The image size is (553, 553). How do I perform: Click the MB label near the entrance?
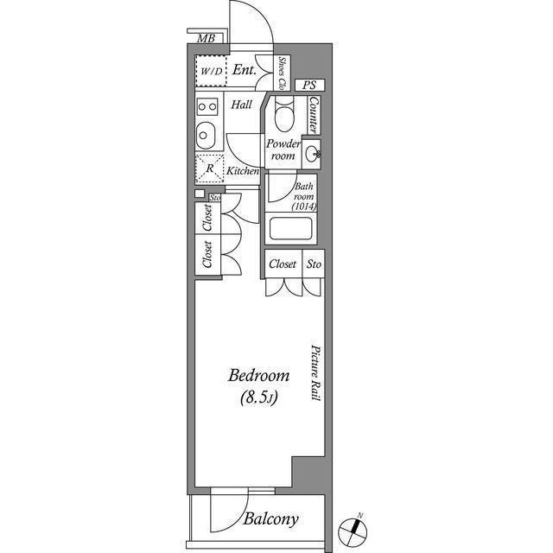[x=206, y=38]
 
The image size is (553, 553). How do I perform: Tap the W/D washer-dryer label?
[x=211, y=72]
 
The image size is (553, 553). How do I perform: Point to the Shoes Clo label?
[x=283, y=73]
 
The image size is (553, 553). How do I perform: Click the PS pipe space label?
[x=308, y=86]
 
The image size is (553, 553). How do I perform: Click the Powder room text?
[x=283, y=149]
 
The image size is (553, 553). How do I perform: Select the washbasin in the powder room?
[x=314, y=155]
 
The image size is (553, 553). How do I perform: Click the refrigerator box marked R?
[x=210, y=166]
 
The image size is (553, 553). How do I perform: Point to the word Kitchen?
[x=243, y=172]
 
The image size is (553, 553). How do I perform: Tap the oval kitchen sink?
[x=207, y=135]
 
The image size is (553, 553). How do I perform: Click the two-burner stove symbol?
[x=207, y=107]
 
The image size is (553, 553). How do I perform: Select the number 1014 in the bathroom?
[x=304, y=207]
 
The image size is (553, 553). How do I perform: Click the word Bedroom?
[x=258, y=376]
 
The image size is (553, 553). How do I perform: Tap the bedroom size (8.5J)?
[x=258, y=398]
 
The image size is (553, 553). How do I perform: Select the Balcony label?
[x=270, y=519]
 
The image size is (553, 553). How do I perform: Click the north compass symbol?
[x=353, y=526]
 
